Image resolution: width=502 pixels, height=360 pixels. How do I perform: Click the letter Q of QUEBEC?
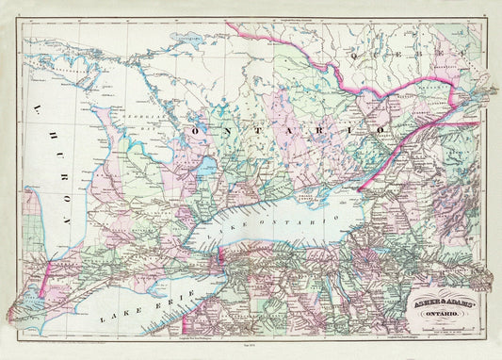coord(356,56)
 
